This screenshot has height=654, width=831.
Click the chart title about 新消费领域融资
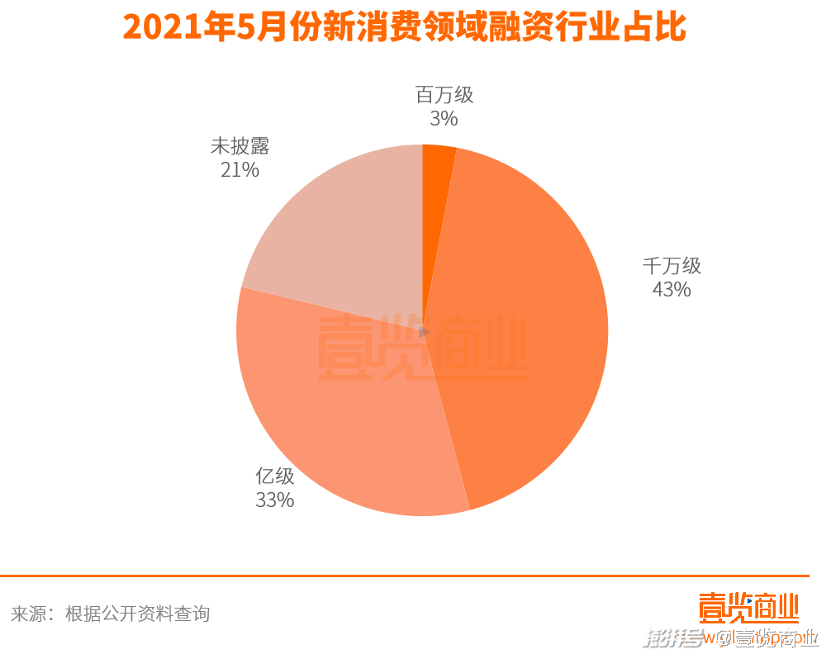click(405, 28)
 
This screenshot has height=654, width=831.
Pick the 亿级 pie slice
click(347, 421)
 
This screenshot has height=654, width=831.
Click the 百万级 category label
click(444, 95)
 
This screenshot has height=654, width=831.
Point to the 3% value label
click(444, 119)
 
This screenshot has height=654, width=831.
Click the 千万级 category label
click(672, 266)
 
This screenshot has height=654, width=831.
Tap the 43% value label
click(672, 290)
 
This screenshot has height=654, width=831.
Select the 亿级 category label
click(275, 476)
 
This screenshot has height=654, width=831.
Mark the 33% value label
click(275, 500)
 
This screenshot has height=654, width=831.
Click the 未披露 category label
click(240, 147)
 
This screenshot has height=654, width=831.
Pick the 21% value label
click(240, 171)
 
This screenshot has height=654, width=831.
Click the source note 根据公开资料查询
click(138, 614)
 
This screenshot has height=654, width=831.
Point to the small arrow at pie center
click(425, 332)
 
